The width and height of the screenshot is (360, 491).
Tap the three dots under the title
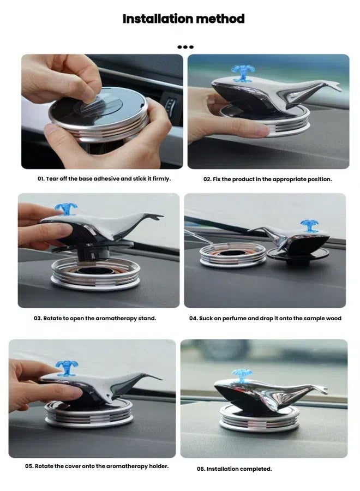click(x=186, y=47)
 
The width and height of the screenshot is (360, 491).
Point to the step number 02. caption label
click(x=207, y=179)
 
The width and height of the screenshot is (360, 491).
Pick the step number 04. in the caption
click(x=193, y=318)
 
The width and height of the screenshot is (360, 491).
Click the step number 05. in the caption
click(x=31, y=466)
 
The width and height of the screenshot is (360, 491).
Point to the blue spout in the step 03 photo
click(x=66, y=209)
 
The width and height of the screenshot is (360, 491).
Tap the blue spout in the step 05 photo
click(x=67, y=367)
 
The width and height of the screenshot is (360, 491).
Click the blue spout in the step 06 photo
click(x=242, y=375)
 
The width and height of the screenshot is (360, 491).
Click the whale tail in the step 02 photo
click(x=331, y=86)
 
